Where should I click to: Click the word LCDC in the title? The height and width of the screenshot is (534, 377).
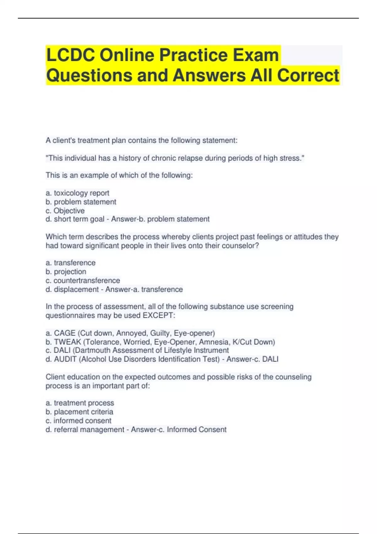[x=70, y=55]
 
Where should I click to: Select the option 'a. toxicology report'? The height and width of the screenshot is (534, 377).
[x=77, y=193]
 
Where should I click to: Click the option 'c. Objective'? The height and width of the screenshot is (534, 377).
[x=65, y=210]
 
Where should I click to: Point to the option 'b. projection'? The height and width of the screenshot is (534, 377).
[x=66, y=271]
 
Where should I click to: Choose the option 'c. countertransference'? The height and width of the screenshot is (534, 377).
[x=83, y=280]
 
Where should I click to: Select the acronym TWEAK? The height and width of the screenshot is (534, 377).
[x=68, y=342]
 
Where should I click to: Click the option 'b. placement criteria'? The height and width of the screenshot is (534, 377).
[x=79, y=411]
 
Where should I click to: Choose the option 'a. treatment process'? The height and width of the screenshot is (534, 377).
[x=80, y=403]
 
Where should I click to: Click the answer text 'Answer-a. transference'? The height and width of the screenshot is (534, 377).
[x=144, y=289]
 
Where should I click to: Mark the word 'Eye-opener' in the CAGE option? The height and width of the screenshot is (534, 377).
[x=194, y=333]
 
